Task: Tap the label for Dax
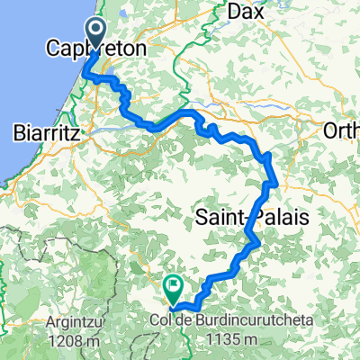click(246, 13)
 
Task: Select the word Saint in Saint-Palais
click(216, 217)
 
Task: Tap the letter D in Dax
click(232, 13)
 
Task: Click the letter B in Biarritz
click(19, 132)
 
